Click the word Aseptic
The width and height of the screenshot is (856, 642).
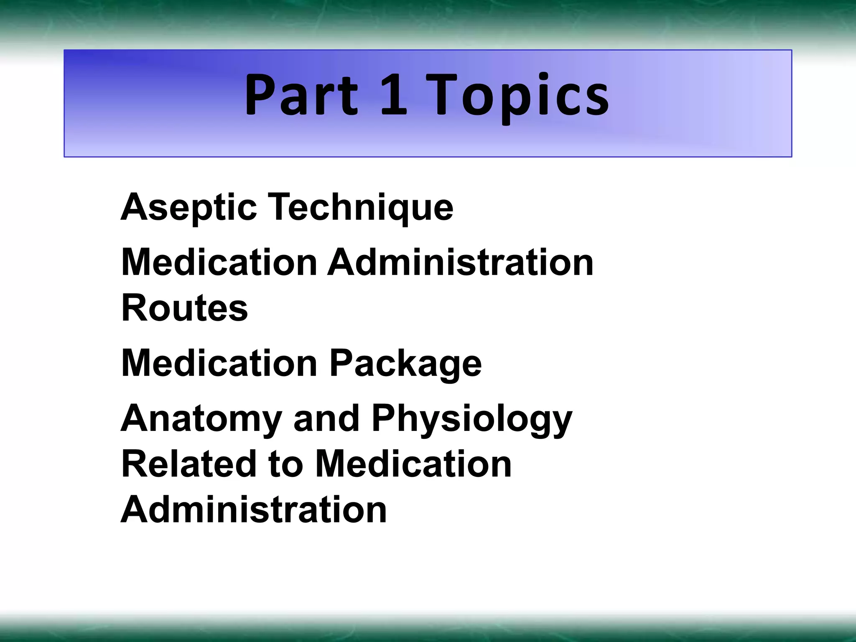click(189, 208)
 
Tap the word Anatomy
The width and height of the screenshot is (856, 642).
click(201, 419)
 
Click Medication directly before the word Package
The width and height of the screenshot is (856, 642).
click(219, 363)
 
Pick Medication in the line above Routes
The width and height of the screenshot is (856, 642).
click(219, 262)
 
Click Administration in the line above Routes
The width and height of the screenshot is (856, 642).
click(460, 262)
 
